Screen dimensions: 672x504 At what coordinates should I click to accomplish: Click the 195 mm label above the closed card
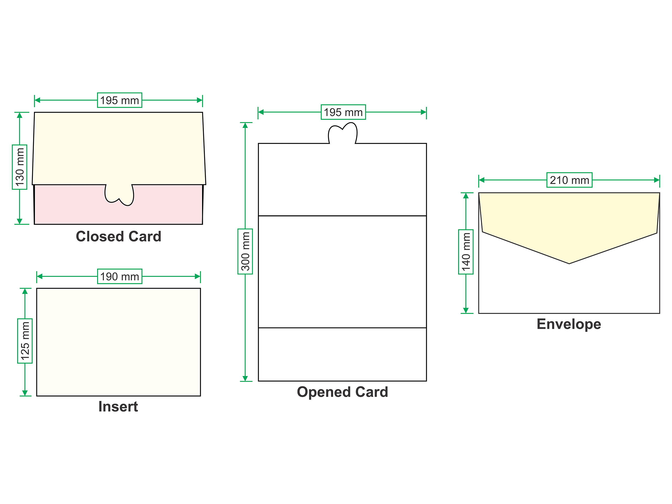(119, 100)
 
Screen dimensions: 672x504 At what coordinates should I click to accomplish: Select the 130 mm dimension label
(19, 167)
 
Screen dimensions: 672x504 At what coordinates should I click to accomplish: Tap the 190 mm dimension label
(120, 276)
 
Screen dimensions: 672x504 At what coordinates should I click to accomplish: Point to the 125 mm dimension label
(25, 341)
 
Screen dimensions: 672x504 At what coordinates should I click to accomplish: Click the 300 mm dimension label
(245, 251)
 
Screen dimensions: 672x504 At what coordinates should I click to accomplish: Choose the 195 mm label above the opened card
(343, 112)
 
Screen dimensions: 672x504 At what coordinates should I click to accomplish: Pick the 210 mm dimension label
(569, 180)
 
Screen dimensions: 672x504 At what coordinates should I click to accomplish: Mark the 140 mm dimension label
(466, 252)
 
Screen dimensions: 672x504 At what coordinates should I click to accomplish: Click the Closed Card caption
(118, 236)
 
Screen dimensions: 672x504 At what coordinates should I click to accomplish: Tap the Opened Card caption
(342, 392)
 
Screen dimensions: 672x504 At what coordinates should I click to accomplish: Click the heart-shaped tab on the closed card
(119, 195)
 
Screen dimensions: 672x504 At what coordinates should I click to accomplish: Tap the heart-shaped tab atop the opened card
(343, 133)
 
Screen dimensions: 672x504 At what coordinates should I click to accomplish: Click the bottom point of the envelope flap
(569, 263)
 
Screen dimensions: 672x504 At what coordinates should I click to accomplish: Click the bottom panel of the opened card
(342, 354)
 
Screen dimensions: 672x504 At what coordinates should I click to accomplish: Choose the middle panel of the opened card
(342, 272)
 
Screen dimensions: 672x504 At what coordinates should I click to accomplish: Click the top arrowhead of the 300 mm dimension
(245, 125)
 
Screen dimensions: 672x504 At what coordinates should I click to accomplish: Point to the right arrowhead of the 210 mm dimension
(657, 180)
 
